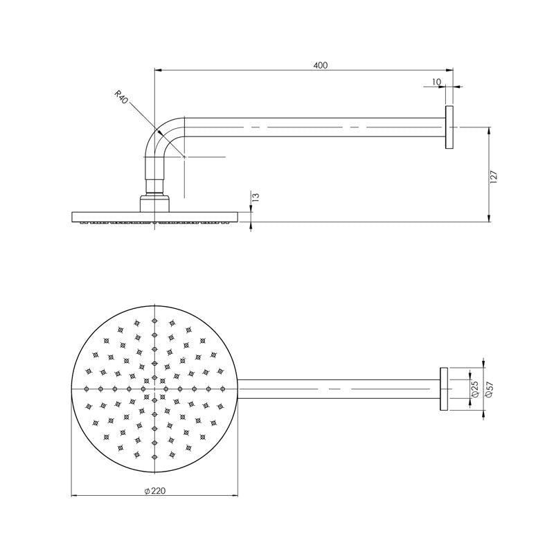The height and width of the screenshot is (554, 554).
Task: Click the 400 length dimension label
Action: click(320, 65)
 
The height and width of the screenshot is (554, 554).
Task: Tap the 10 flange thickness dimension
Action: click(436, 82)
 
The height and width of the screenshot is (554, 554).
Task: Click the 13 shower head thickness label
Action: click(255, 197)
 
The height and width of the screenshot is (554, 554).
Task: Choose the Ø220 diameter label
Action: click(154, 490)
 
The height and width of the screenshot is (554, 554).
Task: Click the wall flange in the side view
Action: click(449, 127)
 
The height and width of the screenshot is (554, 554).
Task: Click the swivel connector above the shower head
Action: click(155, 186)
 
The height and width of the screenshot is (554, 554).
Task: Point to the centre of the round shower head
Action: click(155, 388)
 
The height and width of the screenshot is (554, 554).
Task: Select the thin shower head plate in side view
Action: click(154, 217)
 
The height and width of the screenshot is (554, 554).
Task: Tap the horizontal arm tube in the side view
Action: click(312, 127)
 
